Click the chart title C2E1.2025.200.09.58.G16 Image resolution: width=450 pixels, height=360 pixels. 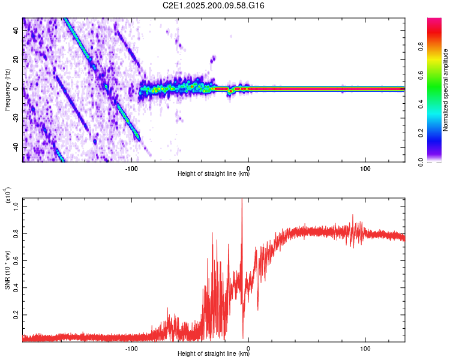[x=213, y=5]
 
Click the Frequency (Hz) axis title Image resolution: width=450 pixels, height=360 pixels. [x=7, y=90]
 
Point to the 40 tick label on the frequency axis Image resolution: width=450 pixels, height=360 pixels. [x=16, y=30]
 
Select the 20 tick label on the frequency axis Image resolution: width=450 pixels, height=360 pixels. [x=16, y=60]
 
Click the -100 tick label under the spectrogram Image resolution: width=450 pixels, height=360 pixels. [x=131, y=169]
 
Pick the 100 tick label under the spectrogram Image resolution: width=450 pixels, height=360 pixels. [x=365, y=169]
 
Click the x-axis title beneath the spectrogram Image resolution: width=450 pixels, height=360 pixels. [x=214, y=173]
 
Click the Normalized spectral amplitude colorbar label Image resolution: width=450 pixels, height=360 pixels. [x=445, y=90]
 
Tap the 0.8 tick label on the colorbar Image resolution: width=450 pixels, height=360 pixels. [x=421, y=46]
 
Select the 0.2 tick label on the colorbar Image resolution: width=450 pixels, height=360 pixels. [x=421, y=133]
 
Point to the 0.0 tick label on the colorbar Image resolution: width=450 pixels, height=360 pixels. [x=421, y=162]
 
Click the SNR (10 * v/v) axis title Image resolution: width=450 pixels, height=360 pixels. [x=7, y=270]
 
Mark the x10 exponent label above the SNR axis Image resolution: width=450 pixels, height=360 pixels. [x=8, y=195]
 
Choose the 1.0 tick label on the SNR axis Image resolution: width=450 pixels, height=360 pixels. [x=16, y=206]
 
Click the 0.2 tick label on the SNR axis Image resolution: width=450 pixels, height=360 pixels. [x=16, y=315]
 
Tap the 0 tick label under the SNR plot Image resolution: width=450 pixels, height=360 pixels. [x=248, y=349]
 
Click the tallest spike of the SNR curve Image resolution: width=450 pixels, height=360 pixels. [x=242, y=199]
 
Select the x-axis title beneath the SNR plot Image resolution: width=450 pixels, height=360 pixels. [x=214, y=353]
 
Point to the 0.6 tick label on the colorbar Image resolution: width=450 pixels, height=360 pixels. [x=421, y=76]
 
